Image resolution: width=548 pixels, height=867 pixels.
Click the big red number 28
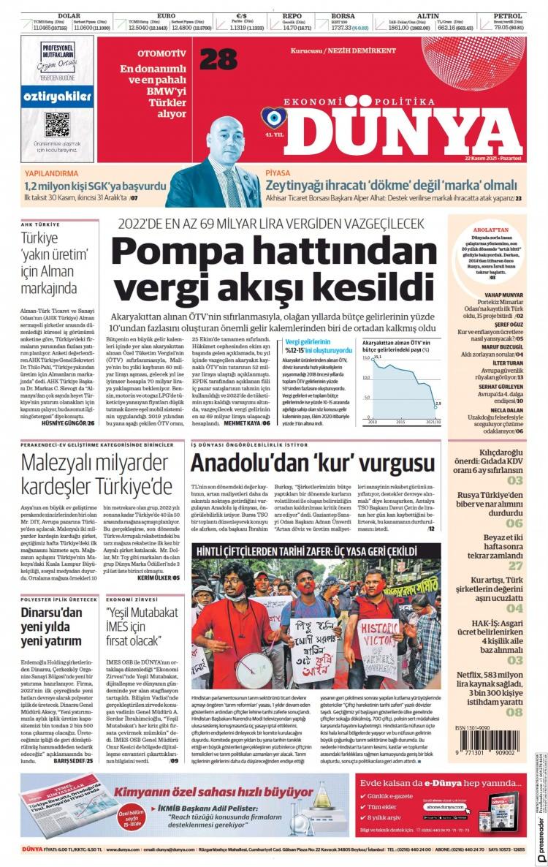(x=218, y=59)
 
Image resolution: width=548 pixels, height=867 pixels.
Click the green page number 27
(x=515, y=565)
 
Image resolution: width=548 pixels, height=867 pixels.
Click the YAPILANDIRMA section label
(x=51, y=175)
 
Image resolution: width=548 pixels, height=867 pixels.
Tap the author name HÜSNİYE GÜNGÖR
(x=64, y=403)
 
